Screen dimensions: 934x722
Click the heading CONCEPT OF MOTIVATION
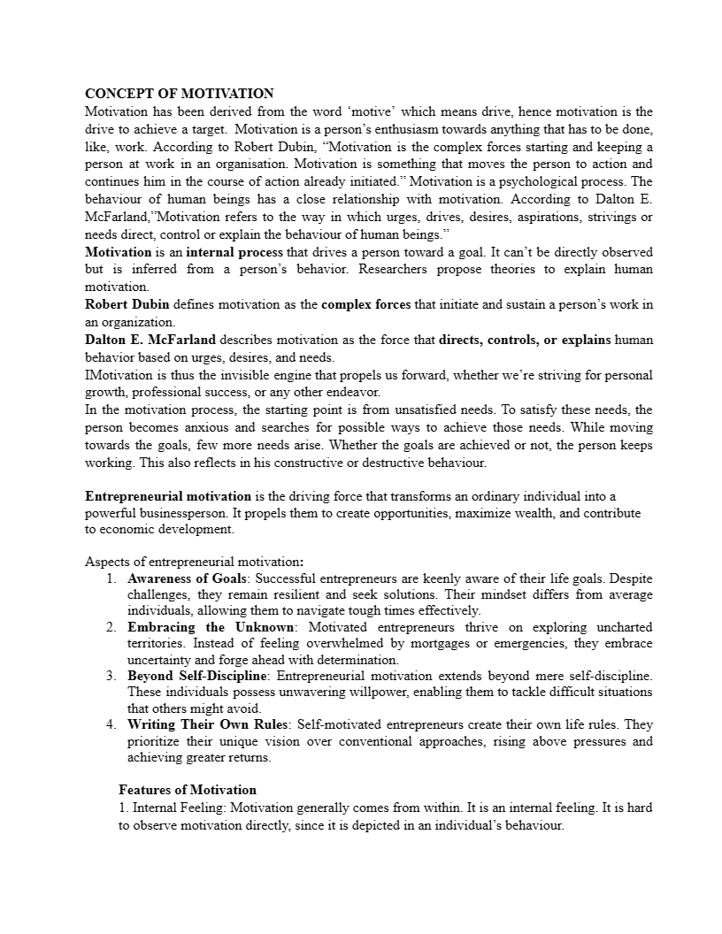click(179, 94)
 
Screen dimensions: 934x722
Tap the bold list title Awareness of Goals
click(188, 578)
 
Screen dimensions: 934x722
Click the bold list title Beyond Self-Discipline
click(197, 676)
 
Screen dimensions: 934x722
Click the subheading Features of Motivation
click(188, 790)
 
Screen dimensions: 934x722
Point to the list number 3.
click(111, 676)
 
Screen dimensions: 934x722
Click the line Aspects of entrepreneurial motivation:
click(194, 562)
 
